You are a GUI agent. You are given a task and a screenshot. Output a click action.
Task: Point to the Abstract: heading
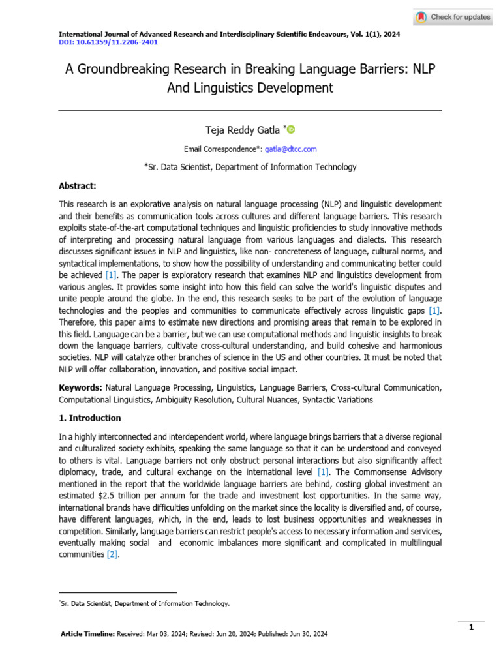78,185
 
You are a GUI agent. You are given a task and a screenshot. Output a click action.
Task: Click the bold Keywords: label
80,387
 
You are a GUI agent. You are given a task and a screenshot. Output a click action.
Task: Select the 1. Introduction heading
89,417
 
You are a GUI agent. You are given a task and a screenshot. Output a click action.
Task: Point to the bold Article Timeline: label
87,634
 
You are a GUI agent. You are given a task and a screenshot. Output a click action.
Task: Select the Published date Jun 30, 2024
307,634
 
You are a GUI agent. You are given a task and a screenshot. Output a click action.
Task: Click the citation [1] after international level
323,472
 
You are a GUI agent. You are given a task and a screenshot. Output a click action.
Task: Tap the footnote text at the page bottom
145,604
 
